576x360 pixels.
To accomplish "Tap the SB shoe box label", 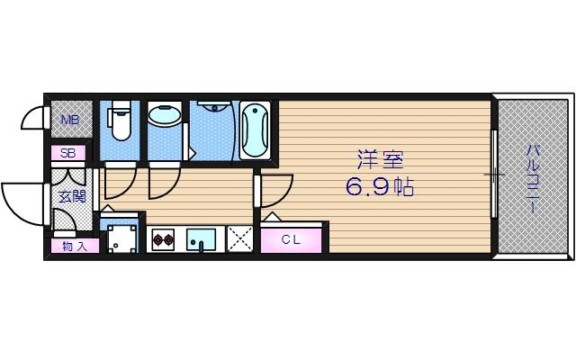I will [x=67, y=153].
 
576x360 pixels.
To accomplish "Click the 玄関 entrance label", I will [x=72, y=195].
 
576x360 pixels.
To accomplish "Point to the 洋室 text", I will [x=380, y=161].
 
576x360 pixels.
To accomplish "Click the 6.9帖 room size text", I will [x=380, y=190].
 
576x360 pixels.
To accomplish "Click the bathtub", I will [x=256, y=130].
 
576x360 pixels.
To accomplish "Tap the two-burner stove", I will [x=163, y=239].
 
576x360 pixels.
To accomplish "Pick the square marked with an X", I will [x=238, y=239].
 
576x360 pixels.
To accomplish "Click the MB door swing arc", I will [x=32, y=120].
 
